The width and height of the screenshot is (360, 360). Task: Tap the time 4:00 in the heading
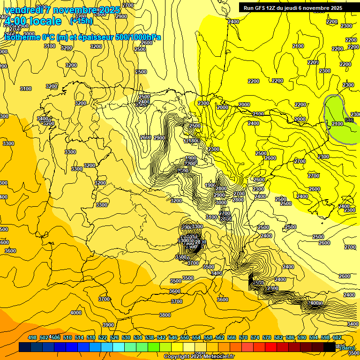[15, 21]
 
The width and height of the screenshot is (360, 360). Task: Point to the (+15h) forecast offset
[81, 21]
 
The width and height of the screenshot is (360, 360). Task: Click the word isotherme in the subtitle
[22, 37]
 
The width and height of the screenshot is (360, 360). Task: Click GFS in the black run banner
[261, 7]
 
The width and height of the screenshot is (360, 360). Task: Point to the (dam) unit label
[346, 348]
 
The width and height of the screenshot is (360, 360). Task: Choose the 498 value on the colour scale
[32, 337]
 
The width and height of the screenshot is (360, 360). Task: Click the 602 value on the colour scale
[337, 337]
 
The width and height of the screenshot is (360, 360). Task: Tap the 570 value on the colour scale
[243, 337]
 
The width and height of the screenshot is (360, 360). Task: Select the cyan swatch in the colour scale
[119, 347]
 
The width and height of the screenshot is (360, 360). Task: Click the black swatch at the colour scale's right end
[329, 347]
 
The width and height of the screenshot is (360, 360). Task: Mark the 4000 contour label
[75, 313]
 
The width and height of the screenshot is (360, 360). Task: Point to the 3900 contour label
[108, 325]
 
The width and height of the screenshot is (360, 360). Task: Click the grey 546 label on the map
[349, 120]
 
